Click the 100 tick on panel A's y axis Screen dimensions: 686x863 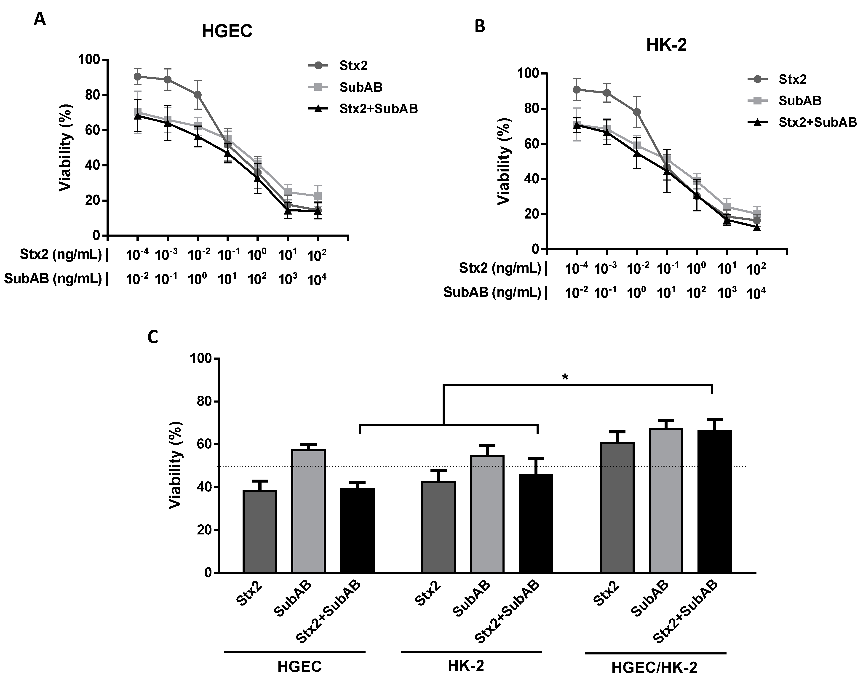pyautogui.click(x=89, y=60)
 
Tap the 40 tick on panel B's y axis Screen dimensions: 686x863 pyautogui.click(x=528, y=179)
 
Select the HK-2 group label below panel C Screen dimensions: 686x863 pyautogui.click(x=465, y=666)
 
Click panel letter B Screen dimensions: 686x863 pyautogui.click(x=480, y=27)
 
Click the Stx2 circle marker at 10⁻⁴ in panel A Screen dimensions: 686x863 pyautogui.click(x=138, y=76)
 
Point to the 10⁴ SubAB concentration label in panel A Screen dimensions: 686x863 pyautogui.click(x=317, y=279)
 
